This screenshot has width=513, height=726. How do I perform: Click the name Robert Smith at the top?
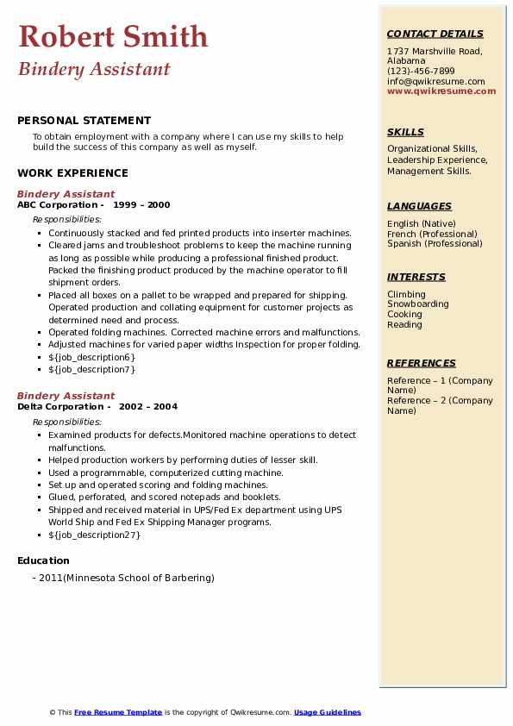pos(113,36)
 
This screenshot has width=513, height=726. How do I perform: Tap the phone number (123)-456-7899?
pos(421,72)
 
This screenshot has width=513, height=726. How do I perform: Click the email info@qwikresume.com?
pos(435,81)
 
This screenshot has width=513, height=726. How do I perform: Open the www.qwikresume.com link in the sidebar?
pos(441,91)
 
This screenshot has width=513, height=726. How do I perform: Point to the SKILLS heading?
pos(405,132)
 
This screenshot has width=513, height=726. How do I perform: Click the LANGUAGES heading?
pos(419,206)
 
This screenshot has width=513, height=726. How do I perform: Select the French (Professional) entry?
pos(433,234)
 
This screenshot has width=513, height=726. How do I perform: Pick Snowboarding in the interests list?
pos(417,304)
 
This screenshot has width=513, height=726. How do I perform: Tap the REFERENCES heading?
pos(422,363)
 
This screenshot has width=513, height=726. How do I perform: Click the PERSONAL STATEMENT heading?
pos(84,121)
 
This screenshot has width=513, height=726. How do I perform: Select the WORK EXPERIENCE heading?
pos(72,173)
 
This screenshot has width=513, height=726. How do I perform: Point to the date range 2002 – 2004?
pos(148,407)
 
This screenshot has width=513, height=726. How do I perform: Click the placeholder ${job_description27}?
pos(94,535)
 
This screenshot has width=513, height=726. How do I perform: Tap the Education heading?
pos(43,560)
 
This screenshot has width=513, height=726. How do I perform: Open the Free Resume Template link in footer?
pos(118,713)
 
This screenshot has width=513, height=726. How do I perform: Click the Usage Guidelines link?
pos(327,713)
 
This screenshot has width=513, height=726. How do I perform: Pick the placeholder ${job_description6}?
pos(91,357)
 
